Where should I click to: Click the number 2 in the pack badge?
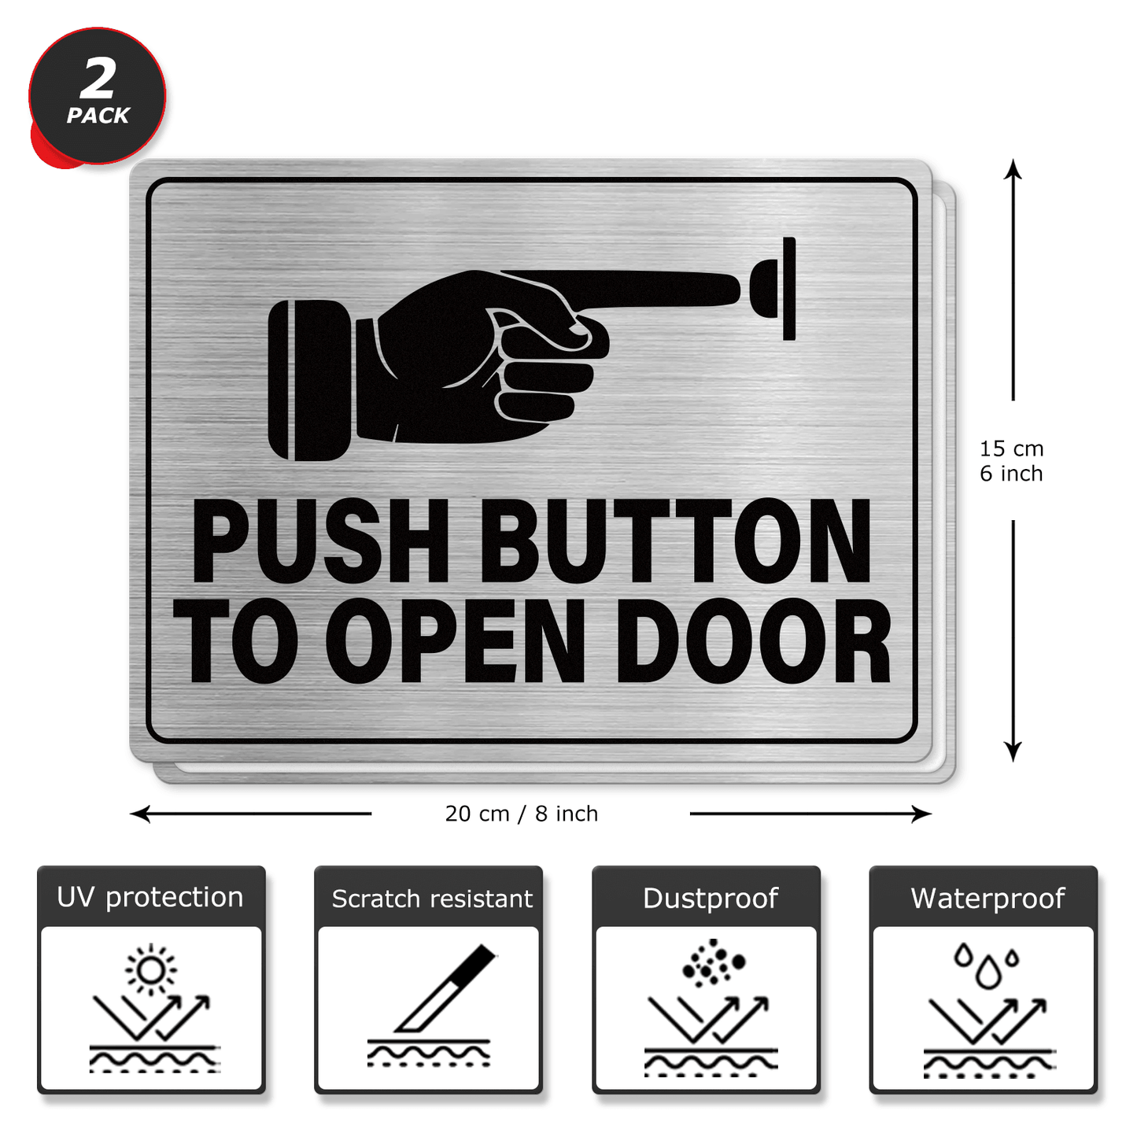(98, 79)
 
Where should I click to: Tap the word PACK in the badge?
(98, 116)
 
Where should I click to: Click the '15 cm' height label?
(1011, 449)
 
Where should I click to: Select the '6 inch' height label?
(1011, 474)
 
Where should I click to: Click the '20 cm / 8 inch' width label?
(522, 814)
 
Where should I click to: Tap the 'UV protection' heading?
(150, 897)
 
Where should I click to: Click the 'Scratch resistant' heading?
(432, 899)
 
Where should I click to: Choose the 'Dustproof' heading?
(711, 898)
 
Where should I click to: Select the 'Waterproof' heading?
(987, 898)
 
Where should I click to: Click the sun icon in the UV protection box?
(151, 969)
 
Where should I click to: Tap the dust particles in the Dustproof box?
(713, 962)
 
